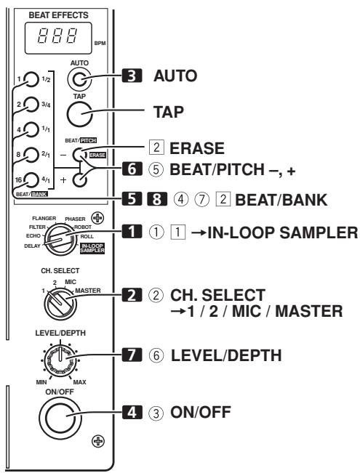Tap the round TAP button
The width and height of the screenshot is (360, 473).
point(79,111)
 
